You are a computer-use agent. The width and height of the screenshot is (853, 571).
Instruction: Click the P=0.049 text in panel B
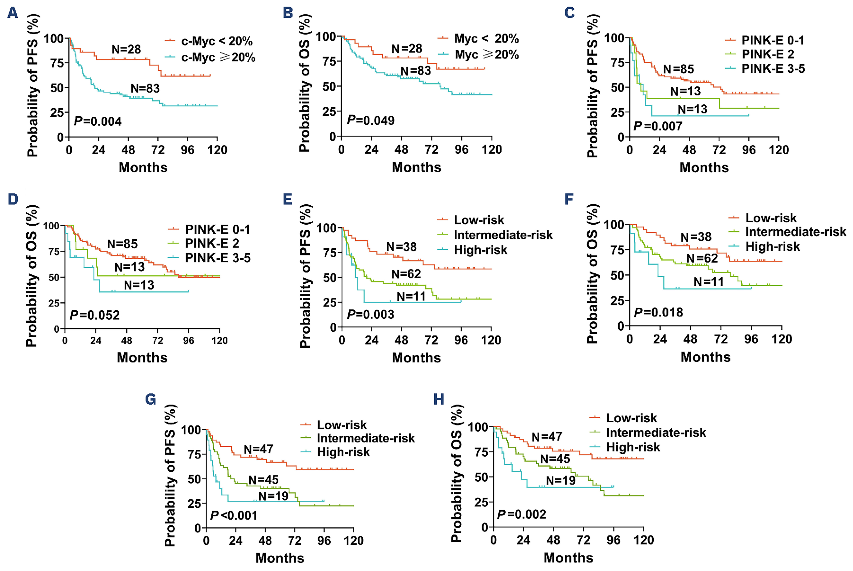(371, 120)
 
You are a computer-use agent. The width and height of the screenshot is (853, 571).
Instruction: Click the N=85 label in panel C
(678, 69)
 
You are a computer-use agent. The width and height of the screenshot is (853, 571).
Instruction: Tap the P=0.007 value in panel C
(658, 126)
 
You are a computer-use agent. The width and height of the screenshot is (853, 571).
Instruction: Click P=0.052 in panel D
(95, 315)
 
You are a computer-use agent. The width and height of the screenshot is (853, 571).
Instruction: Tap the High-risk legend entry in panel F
(772, 246)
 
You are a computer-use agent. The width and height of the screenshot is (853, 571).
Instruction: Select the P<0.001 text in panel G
(234, 515)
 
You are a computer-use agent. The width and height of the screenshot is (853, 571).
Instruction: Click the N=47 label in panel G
(258, 449)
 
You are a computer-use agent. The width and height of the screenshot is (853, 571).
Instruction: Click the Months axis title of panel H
(568, 557)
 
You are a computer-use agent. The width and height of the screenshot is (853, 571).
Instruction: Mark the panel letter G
(150, 400)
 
